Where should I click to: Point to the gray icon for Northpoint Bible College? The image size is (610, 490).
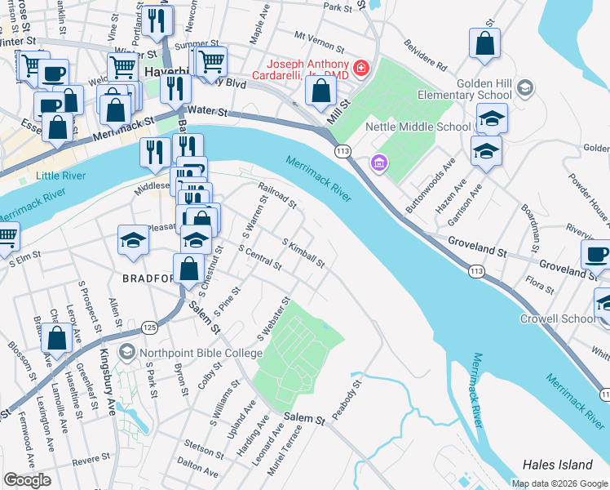click(126, 352)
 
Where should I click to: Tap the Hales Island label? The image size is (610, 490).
click(559, 465)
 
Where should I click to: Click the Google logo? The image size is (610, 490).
click(27, 480)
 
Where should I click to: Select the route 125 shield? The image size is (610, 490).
click(149, 327)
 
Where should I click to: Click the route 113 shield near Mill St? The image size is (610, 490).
click(342, 152)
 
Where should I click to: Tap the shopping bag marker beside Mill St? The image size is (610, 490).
click(321, 89)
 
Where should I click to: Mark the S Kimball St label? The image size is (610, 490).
click(303, 252)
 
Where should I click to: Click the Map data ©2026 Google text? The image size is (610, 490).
click(559, 483)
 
